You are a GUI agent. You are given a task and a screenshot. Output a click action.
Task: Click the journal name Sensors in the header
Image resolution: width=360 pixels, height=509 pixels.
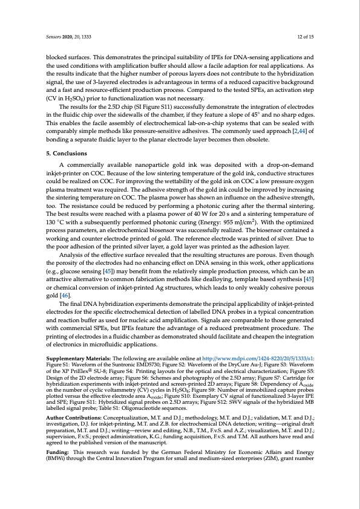[x=55, y=37]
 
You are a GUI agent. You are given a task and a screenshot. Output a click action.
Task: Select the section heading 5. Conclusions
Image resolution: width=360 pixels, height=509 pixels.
[x=69, y=153]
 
